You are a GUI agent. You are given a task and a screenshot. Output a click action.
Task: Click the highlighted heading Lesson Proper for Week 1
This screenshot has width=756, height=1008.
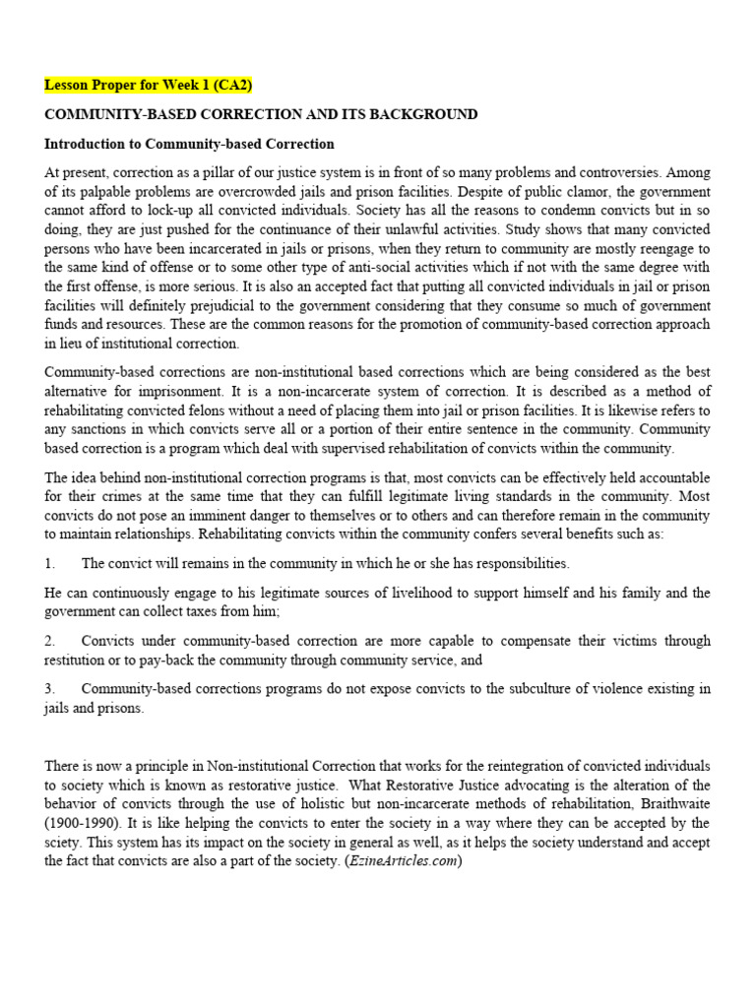pos(148,86)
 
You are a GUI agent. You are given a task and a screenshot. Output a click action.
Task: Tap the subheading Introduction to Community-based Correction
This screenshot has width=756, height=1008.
pos(189,144)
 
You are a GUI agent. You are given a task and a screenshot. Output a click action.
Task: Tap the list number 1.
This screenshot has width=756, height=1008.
pos(49,563)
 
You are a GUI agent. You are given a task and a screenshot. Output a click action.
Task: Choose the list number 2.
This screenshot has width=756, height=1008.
pos(49,641)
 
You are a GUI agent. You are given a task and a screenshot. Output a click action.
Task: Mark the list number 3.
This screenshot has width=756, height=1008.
pos(49,689)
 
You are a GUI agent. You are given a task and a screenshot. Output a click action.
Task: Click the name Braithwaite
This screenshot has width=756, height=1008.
pos(667,803)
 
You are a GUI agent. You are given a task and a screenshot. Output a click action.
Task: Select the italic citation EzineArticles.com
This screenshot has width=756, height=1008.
pos(403,861)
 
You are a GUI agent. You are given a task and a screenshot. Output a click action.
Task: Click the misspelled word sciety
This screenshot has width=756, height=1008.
pos(65,843)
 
